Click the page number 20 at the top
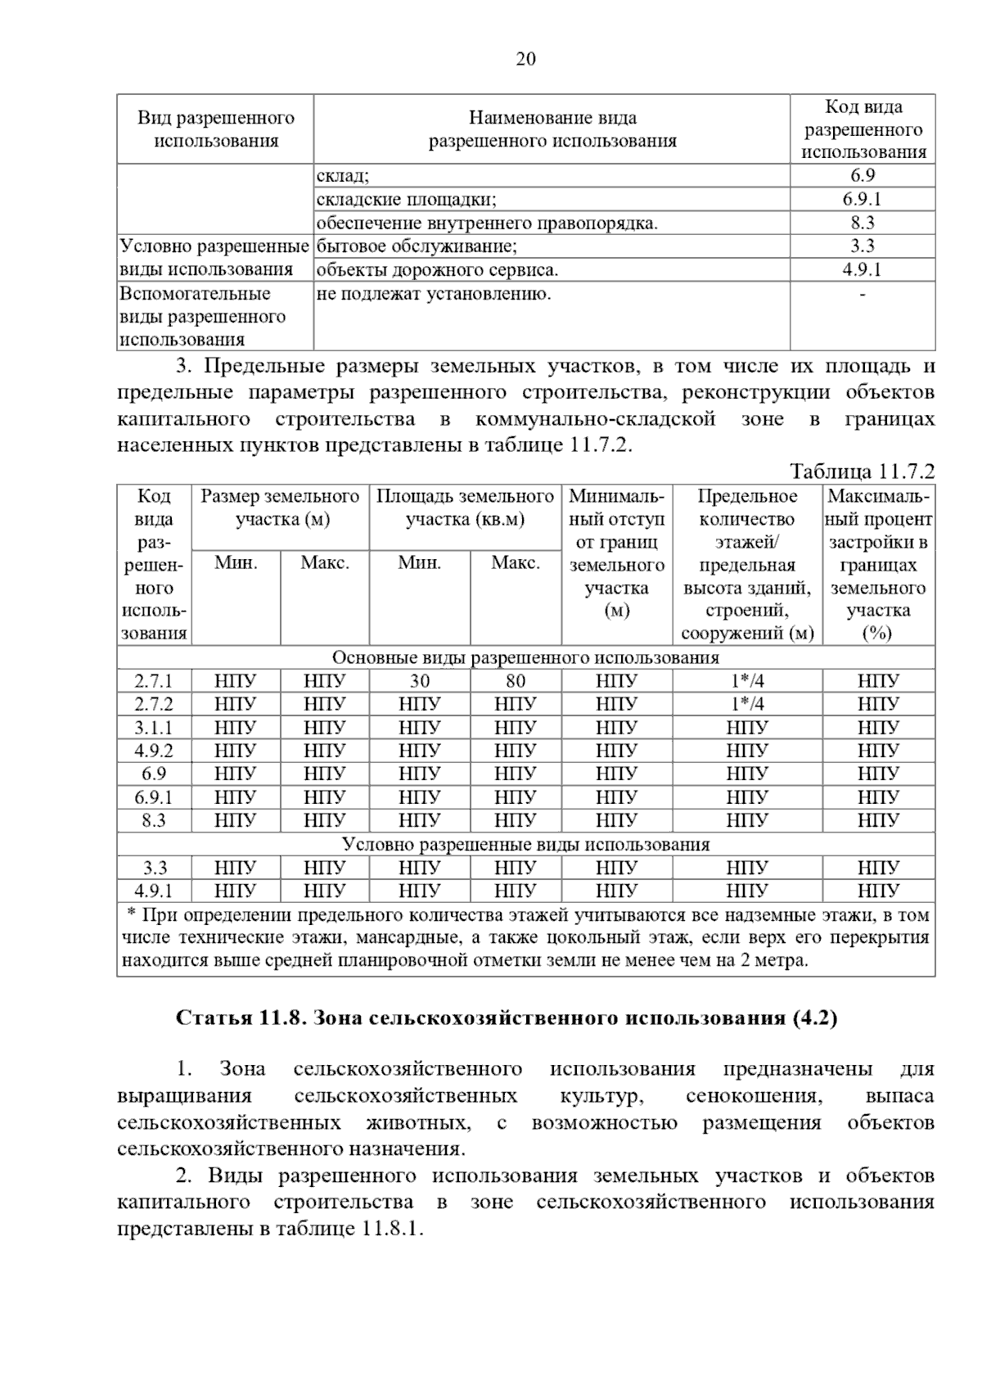pyautogui.click(x=525, y=59)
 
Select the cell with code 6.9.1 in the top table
pyautogui.click(x=862, y=199)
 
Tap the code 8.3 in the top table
pyautogui.click(x=862, y=223)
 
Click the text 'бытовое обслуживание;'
pyautogui.click(x=417, y=246)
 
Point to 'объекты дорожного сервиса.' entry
pyautogui.click(x=438, y=270)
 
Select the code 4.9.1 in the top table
pyautogui.click(x=862, y=270)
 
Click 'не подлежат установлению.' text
pyautogui.click(x=434, y=294)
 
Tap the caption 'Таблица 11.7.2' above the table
pyautogui.click(x=862, y=472)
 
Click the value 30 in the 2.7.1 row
pyautogui.click(x=419, y=681)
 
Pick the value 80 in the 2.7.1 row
pyautogui.click(x=516, y=681)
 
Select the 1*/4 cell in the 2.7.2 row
pyautogui.click(x=747, y=704)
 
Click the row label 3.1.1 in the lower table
pyautogui.click(x=154, y=728)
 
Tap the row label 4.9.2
pyautogui.click(x=154, y=751)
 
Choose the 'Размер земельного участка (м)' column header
pyautogui.click(x=281, y=508)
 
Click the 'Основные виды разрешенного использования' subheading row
pyautogui.click(x=525, y=658)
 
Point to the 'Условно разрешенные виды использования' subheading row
pyautogui.click(x=525, y=845)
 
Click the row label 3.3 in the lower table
pyautogui.click(x=154, y=868)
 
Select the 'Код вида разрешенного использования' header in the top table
pyautogui.click(x=863, y=129)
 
